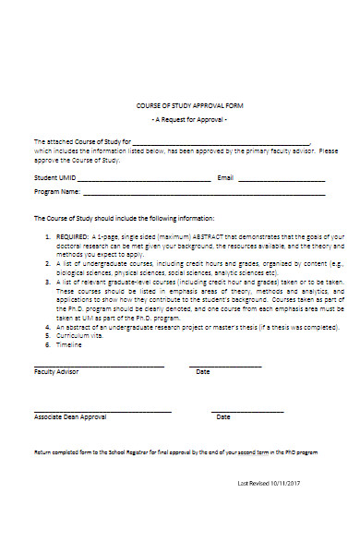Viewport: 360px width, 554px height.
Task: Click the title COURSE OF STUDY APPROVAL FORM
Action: pyautogui.click(x=187, y=106)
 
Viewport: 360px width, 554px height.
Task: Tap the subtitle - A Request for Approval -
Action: pyautogui.click(x=188, y=121)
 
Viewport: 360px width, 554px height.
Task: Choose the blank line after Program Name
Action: pyautogui.click(x=203, y=195)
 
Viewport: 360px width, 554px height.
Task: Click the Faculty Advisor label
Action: pyautogui.click(x=56, y=371)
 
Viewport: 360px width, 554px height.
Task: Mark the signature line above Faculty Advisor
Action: pyautogui.click(x=99, y=366)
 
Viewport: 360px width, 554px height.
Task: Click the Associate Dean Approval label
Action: pyautogui.click(x=70, y=416)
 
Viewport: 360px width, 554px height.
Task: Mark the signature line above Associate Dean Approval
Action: pyautogui.click(x=102, y=411)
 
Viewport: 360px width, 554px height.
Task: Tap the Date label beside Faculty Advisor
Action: pyautogui.click(x=202, y=371)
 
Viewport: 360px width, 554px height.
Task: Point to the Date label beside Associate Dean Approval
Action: pyautogui.click(x=222, y=416)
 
